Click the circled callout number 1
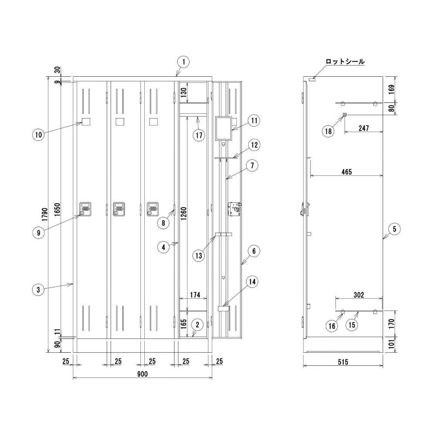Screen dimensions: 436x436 183,62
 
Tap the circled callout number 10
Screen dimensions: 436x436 38,135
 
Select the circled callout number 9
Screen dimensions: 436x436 38,232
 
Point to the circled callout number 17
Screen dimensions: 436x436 199,136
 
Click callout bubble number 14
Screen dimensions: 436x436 252,282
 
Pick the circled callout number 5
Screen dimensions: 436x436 394,229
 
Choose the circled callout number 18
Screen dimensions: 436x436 328,131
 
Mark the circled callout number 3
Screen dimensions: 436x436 38,290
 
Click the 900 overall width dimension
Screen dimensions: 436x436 143,374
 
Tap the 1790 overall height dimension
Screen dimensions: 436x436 45,215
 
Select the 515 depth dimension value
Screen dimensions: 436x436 343,362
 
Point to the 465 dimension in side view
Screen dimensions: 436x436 347,172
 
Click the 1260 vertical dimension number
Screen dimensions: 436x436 184,214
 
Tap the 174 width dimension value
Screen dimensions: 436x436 195,295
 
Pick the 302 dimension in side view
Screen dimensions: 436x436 359,295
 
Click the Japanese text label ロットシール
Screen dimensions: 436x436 345,61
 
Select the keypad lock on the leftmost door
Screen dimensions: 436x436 85,209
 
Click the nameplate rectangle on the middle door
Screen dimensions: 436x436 120,122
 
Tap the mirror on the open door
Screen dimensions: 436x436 223,129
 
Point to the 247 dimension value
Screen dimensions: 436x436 364,128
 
